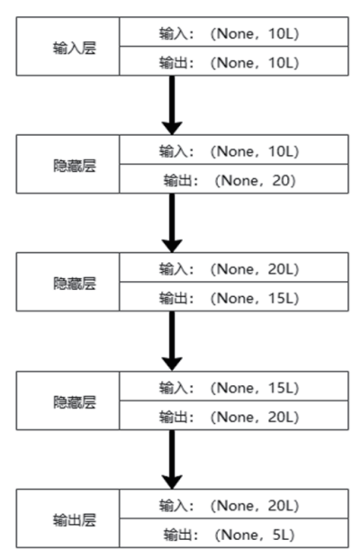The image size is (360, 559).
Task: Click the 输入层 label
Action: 75,48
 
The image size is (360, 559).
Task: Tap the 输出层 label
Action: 75,519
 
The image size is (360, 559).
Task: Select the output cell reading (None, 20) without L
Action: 234,179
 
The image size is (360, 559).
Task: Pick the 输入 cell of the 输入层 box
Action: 234,32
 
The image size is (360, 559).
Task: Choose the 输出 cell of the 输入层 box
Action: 234,61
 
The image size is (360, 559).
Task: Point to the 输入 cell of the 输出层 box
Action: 234,504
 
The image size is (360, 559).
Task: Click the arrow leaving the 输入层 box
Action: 172,105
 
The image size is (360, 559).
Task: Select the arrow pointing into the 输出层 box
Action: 172,460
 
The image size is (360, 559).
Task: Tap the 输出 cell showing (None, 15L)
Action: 234,297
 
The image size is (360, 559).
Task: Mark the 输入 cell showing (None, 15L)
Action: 234,386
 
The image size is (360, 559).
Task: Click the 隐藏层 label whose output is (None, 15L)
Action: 75,284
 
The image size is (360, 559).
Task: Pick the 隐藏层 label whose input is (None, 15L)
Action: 75,402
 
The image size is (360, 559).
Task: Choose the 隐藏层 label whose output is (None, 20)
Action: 75,166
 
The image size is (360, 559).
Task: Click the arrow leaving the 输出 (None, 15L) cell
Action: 172,341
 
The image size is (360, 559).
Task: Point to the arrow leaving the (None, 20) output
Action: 172,223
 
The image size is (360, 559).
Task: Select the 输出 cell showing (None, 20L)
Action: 234,415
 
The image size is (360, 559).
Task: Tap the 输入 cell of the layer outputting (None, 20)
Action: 234,149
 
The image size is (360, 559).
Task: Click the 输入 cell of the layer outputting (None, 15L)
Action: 234,267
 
